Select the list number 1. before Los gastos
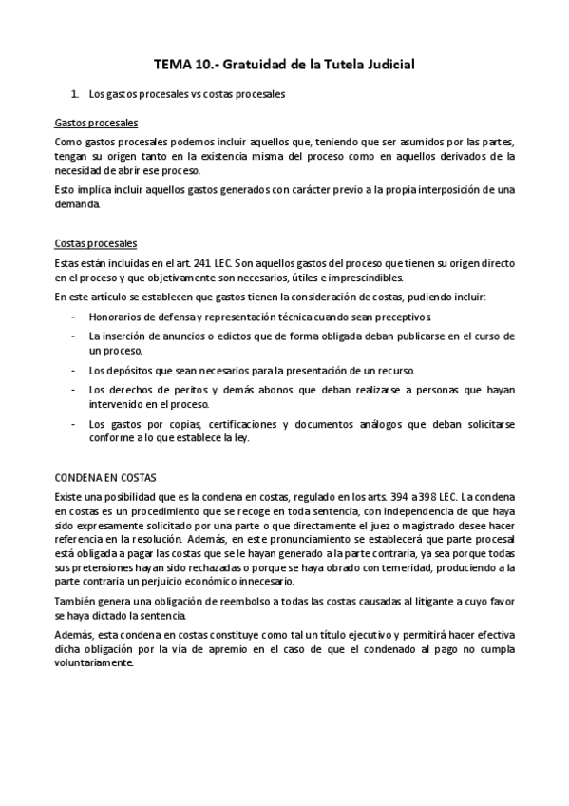point(75,95)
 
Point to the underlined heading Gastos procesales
point(96,124)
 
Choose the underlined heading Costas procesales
point(95,243)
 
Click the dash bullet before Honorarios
point(74,317)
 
